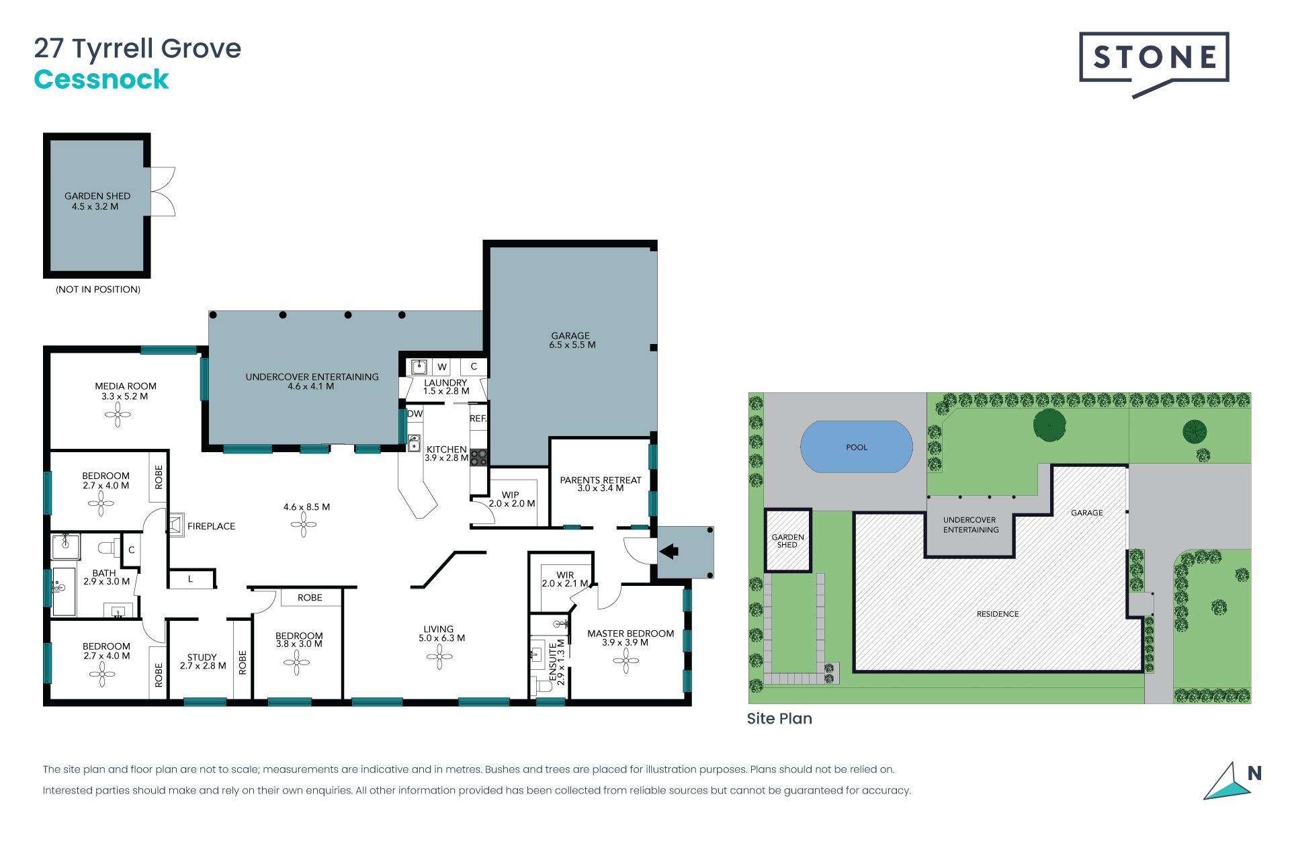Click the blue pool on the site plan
click(x=857, y=447)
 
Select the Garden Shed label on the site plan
click(x=787, y=541)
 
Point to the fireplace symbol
click(x=176, y=525)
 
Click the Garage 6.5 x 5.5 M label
click(x=572, y=340)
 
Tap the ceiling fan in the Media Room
click(x=118, y=415)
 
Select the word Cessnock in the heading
click(x=101, y=79)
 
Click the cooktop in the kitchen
click(x=478, y=458)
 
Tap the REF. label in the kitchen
click(x=478, y=419)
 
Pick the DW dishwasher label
click(x=415, y=414)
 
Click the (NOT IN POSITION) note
click(x=98, y=290)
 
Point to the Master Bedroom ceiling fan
click(x=626, y=661)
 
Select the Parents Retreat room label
click(x=601, y=484)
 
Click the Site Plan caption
click(x=779, y=718)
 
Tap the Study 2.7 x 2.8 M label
click(x=203, y=662)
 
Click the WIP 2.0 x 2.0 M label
click(x=512, y=499)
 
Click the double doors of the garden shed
click(x=163, y=191)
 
